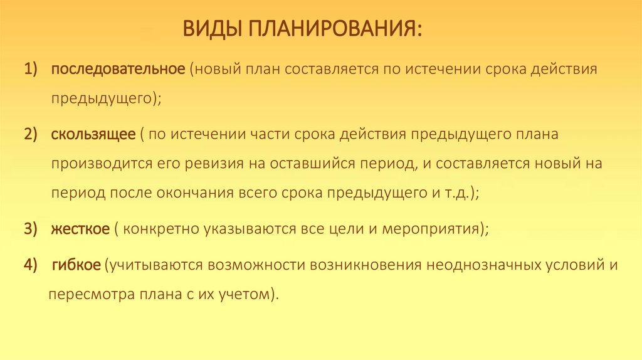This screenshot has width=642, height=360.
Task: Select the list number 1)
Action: coord(32,68)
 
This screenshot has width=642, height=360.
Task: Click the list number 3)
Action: coord(32,229)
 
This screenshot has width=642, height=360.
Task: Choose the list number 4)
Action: coord(32,265)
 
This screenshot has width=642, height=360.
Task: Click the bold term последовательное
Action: coord(118,68)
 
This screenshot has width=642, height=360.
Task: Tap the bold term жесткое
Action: coord(81,229)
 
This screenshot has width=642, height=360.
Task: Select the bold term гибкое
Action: coord(76,265)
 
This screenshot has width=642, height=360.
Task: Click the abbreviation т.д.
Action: coord(455,193)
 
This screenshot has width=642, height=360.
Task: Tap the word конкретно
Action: coord(159,229)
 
